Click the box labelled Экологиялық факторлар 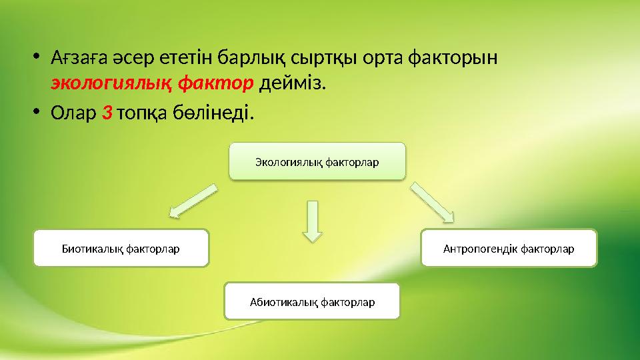(317, 161)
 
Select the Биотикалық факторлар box (121, 248)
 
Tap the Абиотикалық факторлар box (312, 301)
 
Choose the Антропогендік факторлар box (509, 248)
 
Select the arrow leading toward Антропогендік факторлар (432, 201)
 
